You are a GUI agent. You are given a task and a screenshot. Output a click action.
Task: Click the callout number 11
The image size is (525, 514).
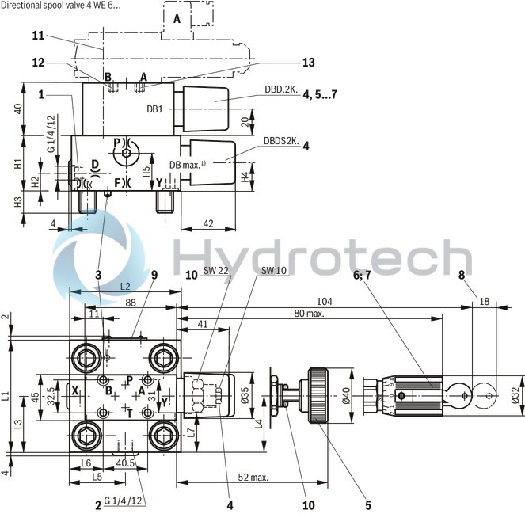tap(38, 36)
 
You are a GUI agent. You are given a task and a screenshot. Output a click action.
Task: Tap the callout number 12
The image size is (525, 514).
tap(38, 63)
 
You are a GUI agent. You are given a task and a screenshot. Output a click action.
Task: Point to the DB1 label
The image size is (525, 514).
tap(155, 109)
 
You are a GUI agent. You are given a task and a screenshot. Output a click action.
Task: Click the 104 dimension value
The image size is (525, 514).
tap(325, 302)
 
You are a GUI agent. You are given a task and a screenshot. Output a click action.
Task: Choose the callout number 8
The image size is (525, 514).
tap(461, 276)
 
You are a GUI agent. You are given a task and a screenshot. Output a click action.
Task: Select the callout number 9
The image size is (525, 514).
tap(154, 275)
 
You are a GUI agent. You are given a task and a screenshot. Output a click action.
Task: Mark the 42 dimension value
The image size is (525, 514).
tap(209, 223)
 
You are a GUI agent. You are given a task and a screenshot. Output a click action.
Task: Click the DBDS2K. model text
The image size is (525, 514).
tap(280, 141)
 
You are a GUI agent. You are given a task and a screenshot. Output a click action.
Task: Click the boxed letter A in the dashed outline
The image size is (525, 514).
tap(176, 18)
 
